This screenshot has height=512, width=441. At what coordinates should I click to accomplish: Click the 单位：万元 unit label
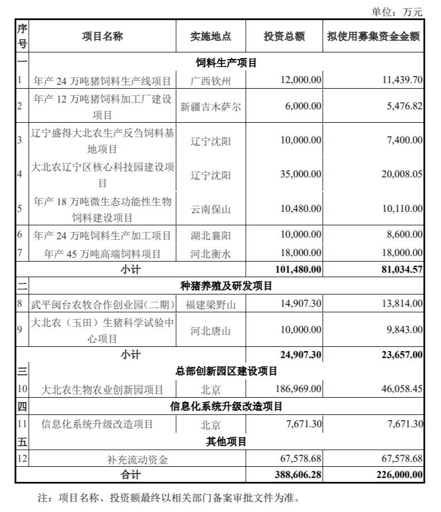pos(397,11)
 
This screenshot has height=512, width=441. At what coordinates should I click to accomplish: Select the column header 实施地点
pos(210,36)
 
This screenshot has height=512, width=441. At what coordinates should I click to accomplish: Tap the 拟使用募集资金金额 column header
pos(374,36)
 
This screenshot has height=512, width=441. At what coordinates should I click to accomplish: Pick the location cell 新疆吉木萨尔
pos(210,106)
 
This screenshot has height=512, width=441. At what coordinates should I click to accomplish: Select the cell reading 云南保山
pos(210,209)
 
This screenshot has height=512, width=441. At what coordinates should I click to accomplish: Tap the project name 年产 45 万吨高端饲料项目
pos(103,254)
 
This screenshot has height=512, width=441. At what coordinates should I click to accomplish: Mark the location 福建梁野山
pos(210,304)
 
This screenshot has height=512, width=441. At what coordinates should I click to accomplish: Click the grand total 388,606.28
pos(298,475)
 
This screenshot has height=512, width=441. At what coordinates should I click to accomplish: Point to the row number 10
pos(22,389)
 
